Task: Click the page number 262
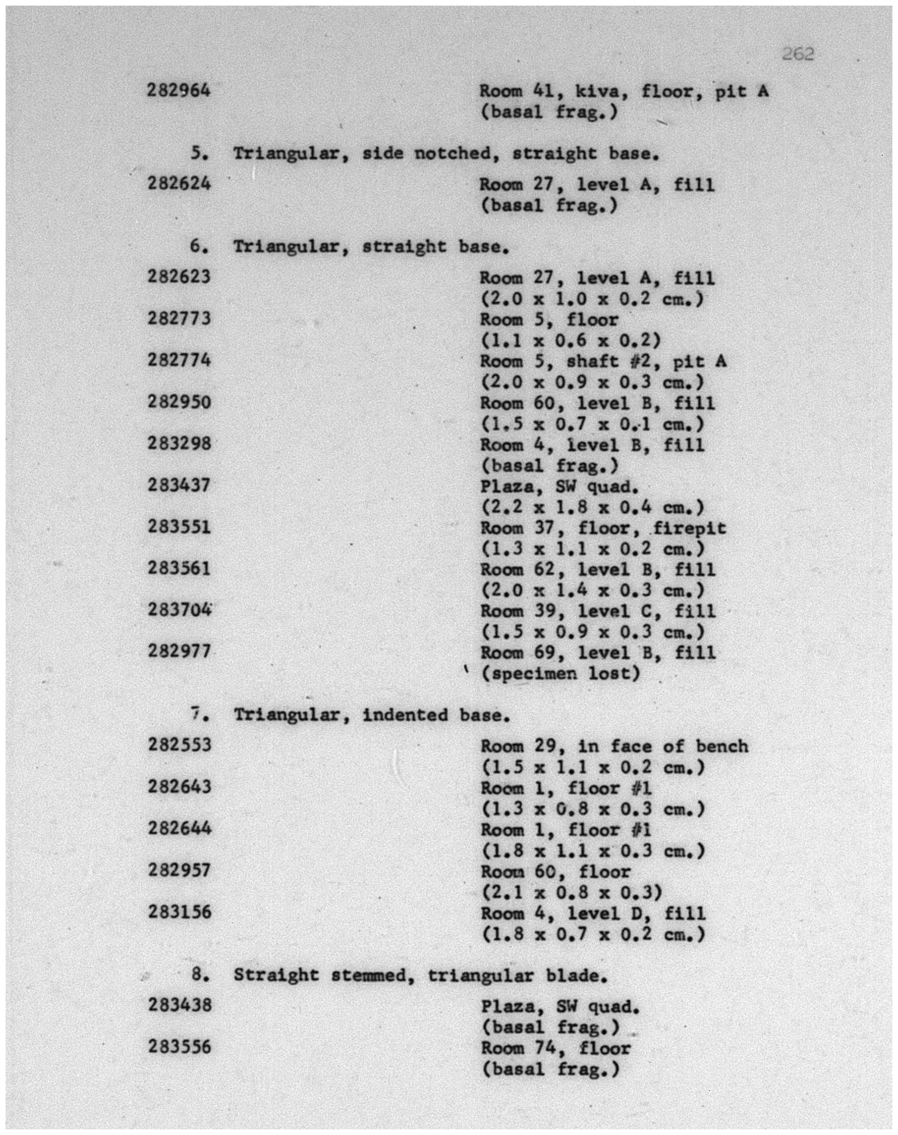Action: point(798,54)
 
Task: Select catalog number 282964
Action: point(179,90)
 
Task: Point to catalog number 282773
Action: point(179,318)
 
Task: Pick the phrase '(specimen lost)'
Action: point(561,674)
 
